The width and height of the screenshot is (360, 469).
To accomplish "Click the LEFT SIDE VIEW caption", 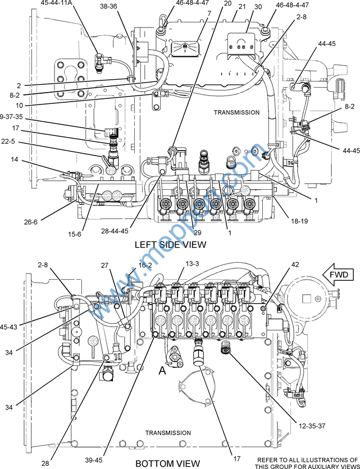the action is [x=170, y=245].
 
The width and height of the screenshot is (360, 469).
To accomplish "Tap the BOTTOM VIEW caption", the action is [x=168, y=463].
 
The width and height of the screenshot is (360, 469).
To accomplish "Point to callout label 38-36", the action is [x=108, y=6].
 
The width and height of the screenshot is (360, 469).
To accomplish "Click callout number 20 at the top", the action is [x=227, y=3].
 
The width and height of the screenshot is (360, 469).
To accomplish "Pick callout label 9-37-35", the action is [x=11, y=117].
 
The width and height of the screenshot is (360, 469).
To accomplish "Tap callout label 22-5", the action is [x=8, y=141].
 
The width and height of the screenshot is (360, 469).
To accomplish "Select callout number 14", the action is [x=15, y=160].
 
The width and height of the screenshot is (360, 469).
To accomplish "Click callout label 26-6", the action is [x=31, y=222].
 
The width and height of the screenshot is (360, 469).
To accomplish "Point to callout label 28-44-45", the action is [x=115, y=231].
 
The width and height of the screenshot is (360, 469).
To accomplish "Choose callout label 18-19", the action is [x=299, y=221].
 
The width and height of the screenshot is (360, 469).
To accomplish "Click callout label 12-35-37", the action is [x=312, y=426].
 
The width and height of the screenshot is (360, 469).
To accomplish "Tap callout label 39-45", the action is [x=94, y=459].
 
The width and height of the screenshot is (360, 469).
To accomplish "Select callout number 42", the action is [x=295, y=265].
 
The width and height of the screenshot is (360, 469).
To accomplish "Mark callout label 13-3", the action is [x=192, y=263].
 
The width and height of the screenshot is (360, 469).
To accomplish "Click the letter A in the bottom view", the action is [x=162, y=371].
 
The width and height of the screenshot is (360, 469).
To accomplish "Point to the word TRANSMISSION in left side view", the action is [x=236, y=112].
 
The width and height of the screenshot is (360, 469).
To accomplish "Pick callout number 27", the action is [x=104, y=265].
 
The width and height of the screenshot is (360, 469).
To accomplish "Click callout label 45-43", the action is [x=8, y=327].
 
